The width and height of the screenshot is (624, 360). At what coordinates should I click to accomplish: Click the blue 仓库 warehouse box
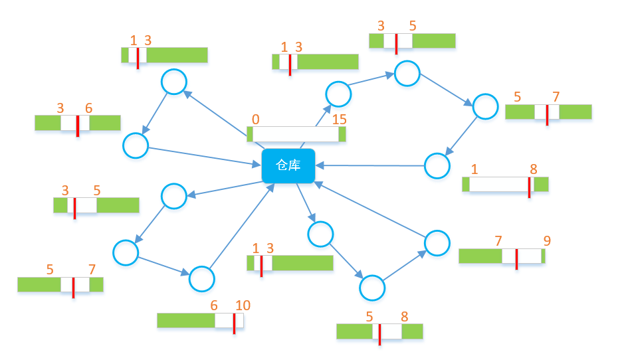pos(288,166)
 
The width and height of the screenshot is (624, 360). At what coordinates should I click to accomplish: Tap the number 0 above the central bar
pos(256,120)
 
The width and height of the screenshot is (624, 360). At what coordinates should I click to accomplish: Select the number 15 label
pos(339,120)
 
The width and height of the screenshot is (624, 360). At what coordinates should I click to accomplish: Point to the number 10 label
pos(243,306)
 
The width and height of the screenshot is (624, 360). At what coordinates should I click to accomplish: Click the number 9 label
pos(547,240)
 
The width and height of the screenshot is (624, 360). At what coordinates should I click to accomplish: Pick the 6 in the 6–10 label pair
pos(214,306)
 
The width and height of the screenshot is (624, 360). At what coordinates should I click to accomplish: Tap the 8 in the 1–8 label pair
pos(534,169)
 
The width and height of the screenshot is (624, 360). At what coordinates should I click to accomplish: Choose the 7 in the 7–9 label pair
pos(498,240)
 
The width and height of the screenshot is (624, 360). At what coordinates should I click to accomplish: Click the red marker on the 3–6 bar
pos(78,125)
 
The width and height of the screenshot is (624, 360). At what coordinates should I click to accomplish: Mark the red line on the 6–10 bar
pos(234,323)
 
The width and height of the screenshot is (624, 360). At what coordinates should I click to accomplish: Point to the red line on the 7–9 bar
pos(516,258)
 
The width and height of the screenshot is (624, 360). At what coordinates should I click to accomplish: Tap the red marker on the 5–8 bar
pos(379,333)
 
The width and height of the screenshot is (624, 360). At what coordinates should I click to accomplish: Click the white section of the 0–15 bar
pos(296,134)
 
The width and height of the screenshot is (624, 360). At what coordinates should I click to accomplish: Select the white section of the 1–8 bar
pos(498,184)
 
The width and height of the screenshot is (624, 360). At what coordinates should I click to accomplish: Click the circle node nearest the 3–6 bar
pos(136,145)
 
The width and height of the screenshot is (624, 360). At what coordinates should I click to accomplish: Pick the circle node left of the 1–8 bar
pos(437,165)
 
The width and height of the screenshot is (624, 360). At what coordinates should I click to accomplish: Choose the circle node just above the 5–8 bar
pos(372,288)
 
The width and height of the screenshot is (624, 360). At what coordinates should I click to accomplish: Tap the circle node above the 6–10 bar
pos(202,279)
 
